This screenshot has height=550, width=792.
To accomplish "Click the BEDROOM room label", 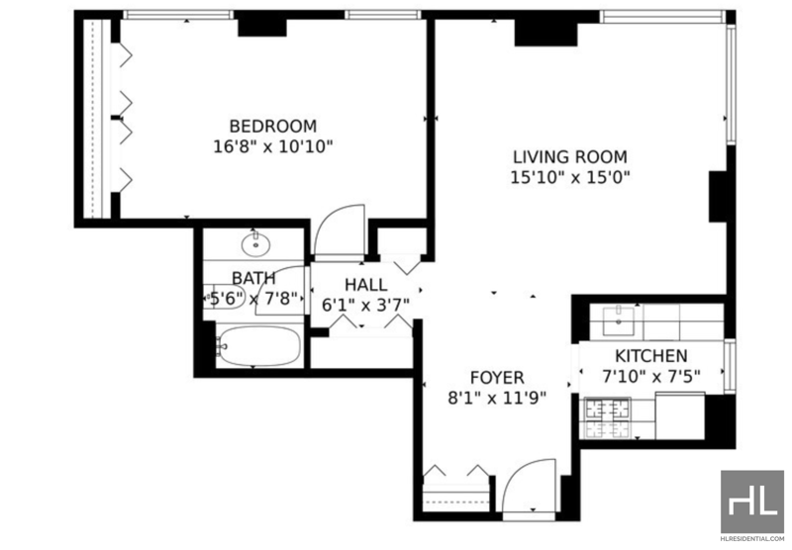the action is pos(273,126).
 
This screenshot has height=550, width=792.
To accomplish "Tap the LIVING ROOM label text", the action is pos(570,157).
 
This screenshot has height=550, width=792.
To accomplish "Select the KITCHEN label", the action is pos(651,356).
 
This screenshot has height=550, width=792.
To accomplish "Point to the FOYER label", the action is pos(497,378).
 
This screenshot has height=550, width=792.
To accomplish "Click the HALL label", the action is pos(366,285).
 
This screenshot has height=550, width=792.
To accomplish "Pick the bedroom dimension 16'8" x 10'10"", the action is pos(273,146).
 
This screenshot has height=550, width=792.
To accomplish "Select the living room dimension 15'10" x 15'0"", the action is pos(570,178).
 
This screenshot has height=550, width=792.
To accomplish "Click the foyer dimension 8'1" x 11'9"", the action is pos(497,399).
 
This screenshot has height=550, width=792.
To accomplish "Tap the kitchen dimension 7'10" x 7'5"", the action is pos(651,377).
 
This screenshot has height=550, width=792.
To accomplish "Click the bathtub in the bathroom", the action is pos(258,346).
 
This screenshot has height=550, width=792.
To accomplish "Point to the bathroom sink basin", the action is pos(255,244).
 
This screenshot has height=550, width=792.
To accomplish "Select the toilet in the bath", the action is pos(224,297).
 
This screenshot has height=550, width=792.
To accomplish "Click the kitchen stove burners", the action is pos(608,417).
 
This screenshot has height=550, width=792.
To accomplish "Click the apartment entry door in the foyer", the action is pos(530,486).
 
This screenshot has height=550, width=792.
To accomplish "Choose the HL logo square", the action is pos(752,502).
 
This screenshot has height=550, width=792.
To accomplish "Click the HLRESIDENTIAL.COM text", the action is pos(752,538).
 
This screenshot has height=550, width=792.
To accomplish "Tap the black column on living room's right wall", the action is pos(719,196).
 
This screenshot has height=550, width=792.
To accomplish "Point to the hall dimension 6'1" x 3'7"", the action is pos(366,306).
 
